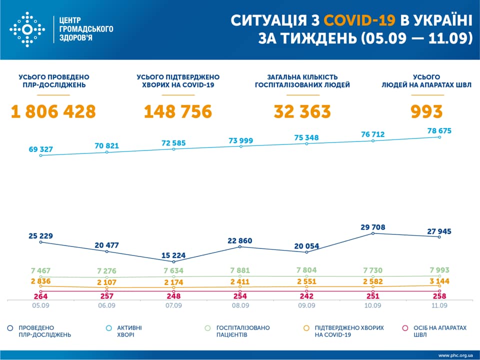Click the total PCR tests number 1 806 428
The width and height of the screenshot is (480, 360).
[x=53, y=111]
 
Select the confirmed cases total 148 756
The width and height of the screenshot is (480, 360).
[x=177, y=111]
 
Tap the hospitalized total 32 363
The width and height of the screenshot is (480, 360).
[x=302, y=111]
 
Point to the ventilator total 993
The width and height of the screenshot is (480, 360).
[x=426, y=111]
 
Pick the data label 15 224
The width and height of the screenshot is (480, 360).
[x=173, y=255]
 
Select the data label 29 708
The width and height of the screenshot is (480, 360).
[x=372, y=226]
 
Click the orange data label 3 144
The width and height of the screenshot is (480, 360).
[x=439, y=281]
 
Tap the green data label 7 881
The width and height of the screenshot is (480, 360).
[x=240, y=270]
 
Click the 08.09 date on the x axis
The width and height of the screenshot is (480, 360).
[x=240, y=305]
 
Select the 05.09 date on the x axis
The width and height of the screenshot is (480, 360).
[x=41, y=305]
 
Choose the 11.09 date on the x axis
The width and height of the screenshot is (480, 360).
[x=439, y=305]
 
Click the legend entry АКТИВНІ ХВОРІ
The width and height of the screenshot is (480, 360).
[x=129, y=331]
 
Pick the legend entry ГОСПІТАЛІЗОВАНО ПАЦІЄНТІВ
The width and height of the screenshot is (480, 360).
[x=242, y=331]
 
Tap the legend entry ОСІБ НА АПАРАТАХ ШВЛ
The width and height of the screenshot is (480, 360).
[x=439, y=331]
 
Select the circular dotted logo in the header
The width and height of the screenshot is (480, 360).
[x=27, y=29]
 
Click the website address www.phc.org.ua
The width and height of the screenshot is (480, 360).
[x=455, y=355]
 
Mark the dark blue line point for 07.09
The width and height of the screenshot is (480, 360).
[x=173, y=261]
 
